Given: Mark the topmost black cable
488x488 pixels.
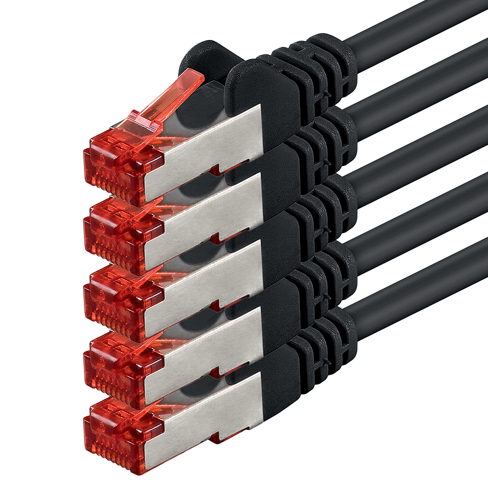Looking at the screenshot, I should (x=417, y=23).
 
